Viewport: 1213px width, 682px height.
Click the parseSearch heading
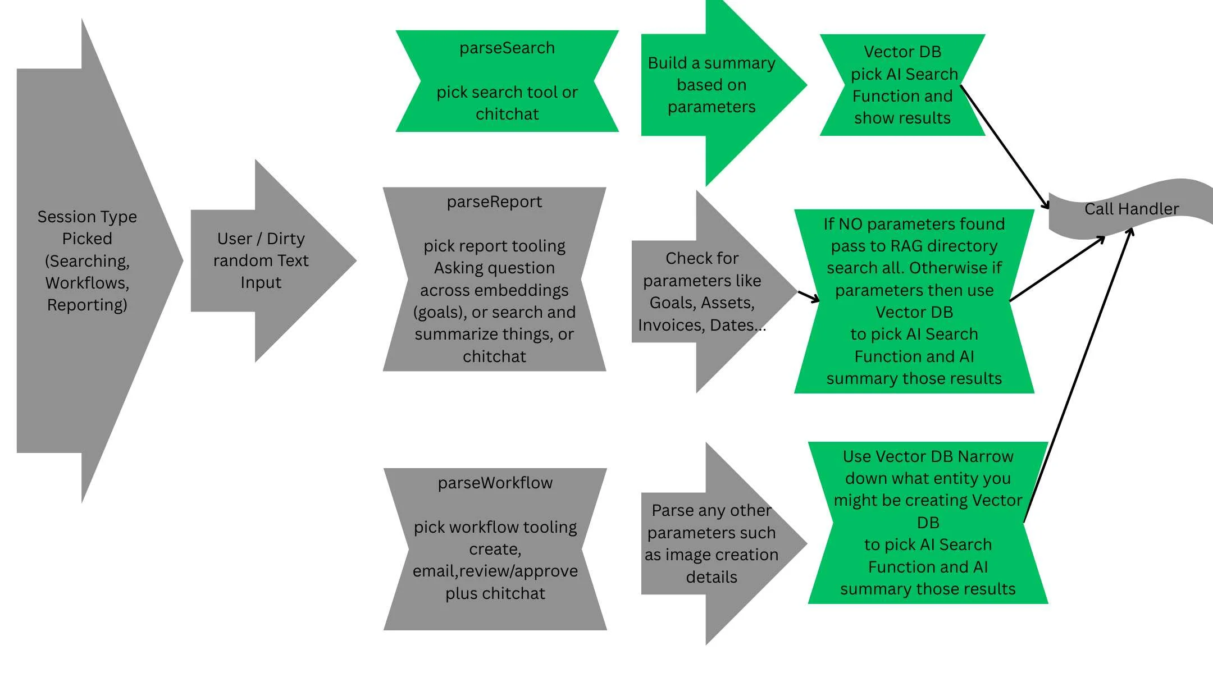pyautogui.click(x=507, y=48)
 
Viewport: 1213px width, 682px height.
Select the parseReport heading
pyautogui.click(x=494, y=202)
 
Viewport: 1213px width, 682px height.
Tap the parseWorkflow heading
pyautogui.click(x=495, y=483)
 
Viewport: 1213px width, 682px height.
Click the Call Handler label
pyautogui.click(x=1131, y=209)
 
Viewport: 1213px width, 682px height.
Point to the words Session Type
pyautogui.click(x=87, y=217)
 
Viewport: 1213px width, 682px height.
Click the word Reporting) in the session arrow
pyautogui.click(x=87, y=305)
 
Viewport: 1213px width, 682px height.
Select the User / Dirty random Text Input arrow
pyautogui.click(x=261, y=260)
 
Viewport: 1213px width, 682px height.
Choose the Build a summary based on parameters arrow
pyautogui.click(x=711, y=85)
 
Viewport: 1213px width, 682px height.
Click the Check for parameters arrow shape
pyautogui.click(x=702, y=291)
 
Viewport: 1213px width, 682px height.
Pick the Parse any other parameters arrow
pyautogui.click(x=711, y=543)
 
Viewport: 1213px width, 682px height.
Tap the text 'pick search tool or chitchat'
pyautogui.click(x=507, y=103)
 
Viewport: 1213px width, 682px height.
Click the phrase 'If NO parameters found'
pyautogui.click(x=914, y=225)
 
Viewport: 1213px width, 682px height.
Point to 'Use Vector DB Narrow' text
pyautogui.click(x=928, y=457)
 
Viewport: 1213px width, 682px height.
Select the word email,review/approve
pyautogui.click(x=495, y=571)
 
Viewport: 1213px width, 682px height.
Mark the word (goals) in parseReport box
pyautogui.click(x=438, y=313)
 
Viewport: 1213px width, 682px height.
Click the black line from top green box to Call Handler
pyautogui.click(x=1005, y=147)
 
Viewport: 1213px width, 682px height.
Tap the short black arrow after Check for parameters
pyautogui.click(x=808, y=296)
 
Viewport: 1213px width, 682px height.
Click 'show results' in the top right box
pyautogui.click(x=902, y=118)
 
